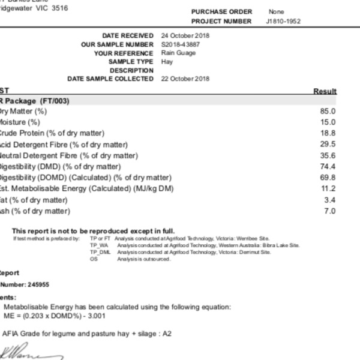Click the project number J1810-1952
284,22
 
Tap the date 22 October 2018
185,79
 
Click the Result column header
325,91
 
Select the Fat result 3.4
330,200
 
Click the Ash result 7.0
330,211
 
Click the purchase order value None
277,12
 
